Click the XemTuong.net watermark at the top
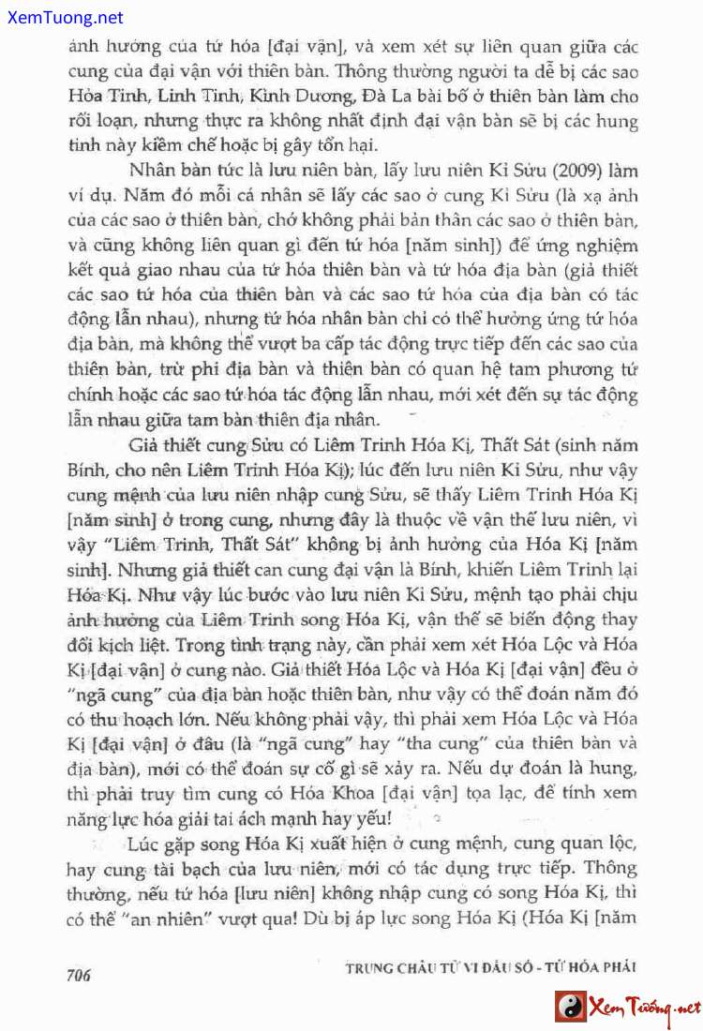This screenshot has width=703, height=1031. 63,17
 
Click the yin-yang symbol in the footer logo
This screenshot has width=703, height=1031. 569,1007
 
